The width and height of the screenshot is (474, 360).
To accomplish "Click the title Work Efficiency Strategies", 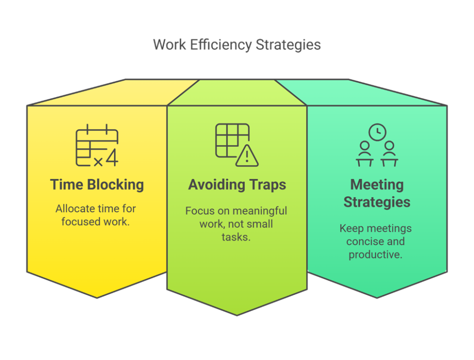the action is [237, 45].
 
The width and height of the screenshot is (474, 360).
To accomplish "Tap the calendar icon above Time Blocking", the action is [97, 145].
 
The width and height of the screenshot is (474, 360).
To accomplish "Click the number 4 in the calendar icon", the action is [112, 157].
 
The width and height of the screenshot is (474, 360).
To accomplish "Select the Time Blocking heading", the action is [97, 185].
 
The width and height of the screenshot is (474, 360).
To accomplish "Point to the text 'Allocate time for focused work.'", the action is [95, 215].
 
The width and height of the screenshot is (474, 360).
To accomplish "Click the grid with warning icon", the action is [237, 145].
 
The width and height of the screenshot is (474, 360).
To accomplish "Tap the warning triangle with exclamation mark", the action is [247, 155].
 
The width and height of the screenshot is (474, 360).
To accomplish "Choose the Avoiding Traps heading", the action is [237, 185].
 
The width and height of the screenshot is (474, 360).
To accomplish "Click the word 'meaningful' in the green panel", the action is [262, 211].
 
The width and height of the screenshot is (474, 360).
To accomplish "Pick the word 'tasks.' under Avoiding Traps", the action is [236, 237].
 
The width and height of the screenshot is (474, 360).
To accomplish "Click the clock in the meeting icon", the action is [377, 132].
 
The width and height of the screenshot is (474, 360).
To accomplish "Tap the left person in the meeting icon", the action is [365, 154].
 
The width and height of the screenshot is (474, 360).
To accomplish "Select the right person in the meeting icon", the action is [389, 154].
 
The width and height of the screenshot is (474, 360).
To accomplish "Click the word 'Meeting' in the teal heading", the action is [377, 185].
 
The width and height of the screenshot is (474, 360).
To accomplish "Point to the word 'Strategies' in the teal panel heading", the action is [377, 202].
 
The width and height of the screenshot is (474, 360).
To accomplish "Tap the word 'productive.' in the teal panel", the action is [375, 254].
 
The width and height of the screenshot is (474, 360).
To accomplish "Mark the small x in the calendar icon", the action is [98, 162].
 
